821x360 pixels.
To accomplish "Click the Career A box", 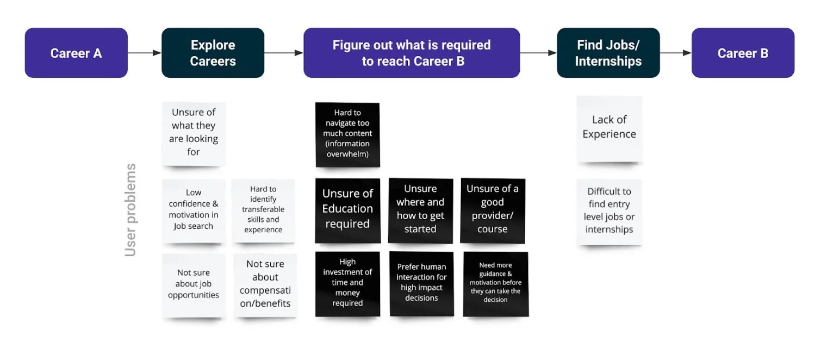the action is tap(76, 53).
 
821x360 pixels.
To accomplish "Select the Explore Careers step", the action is tap(213, 53).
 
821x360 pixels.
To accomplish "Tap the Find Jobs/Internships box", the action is tap(608, 53).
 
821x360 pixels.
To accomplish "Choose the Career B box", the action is tap(743, 53).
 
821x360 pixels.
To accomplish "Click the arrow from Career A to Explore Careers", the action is tap(145, 53).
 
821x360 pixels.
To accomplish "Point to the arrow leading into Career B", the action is tap(676, 53).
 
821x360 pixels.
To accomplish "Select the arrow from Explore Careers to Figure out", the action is tap(284, 53).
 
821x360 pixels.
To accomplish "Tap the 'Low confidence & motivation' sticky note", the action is tap(194, 210).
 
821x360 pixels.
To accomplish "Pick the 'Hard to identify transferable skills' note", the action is tap(263, 210).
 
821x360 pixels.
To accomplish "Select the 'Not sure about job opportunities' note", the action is tap(194, 284).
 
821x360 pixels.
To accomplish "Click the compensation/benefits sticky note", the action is tap(265, 284).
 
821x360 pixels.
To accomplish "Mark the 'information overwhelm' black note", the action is tap(347, 134).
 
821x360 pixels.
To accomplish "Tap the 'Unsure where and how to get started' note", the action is tap(420, 209).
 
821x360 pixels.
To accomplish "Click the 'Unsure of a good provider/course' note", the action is tap(493, 209).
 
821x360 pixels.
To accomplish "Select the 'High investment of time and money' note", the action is tap(347, 283).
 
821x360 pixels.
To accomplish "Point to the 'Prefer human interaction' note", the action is tap(421, 283).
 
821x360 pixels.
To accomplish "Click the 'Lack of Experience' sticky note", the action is tap(609, 128).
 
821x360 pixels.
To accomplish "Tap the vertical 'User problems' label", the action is tap(130, 210).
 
